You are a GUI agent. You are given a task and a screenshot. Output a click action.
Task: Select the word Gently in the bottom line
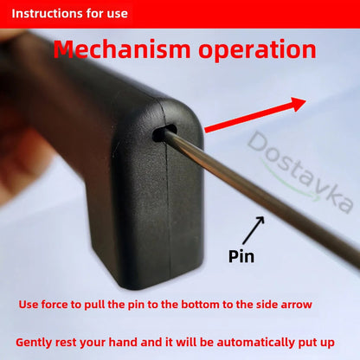pos(36,342)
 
